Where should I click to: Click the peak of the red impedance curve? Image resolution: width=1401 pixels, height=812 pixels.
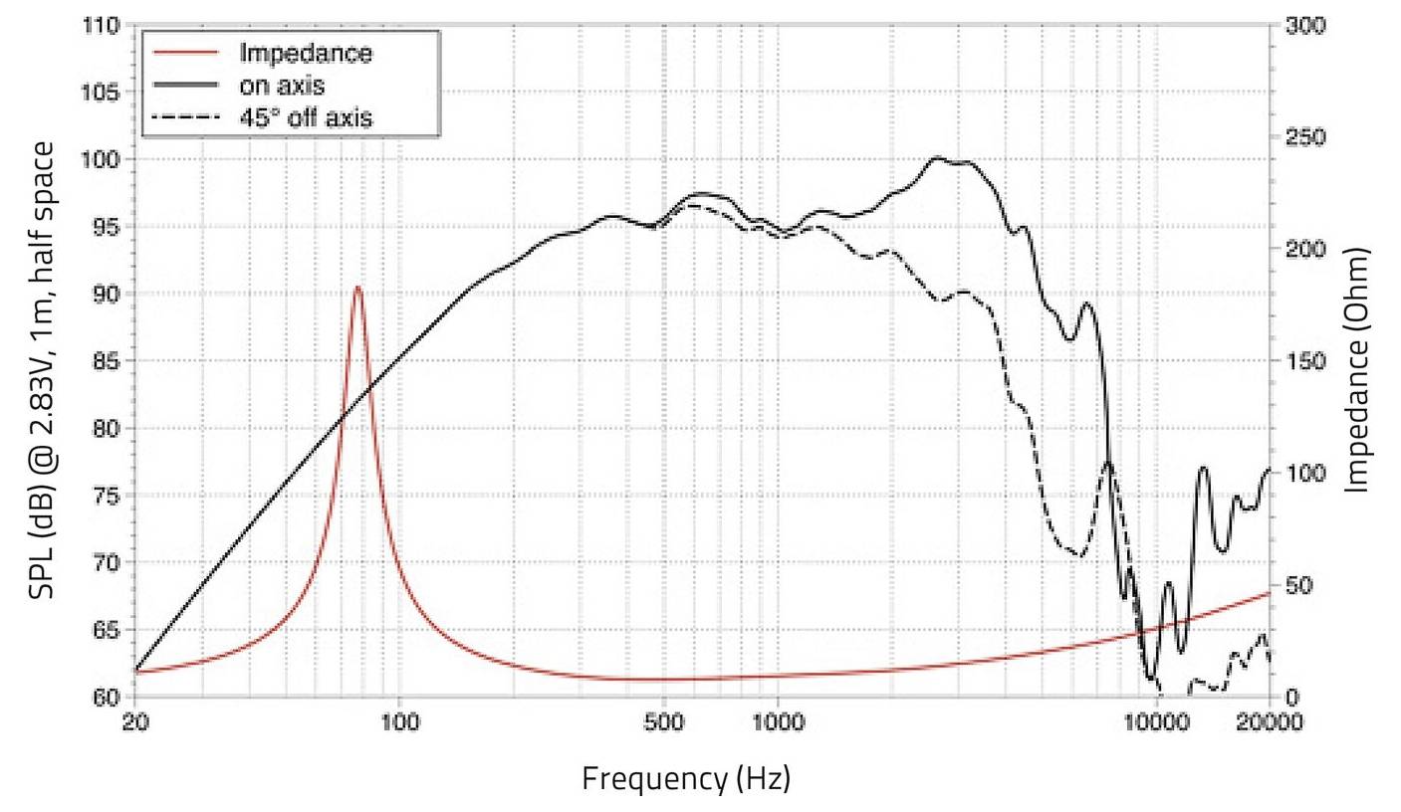357,288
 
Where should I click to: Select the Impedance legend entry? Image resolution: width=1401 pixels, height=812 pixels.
305,53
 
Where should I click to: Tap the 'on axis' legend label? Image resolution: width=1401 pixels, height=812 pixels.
282,86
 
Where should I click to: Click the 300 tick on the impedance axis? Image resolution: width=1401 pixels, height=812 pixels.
1304,25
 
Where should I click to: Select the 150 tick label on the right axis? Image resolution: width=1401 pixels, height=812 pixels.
1304,361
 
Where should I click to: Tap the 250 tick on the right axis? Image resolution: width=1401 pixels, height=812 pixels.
1304,137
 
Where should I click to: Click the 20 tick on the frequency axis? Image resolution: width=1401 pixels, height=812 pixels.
135,721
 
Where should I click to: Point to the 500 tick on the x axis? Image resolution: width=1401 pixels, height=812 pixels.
664,721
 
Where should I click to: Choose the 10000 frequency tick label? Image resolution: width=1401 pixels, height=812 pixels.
1156,721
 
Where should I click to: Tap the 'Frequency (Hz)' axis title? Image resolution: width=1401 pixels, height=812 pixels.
686,777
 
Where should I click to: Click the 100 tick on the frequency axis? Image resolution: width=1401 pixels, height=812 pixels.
399,721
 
